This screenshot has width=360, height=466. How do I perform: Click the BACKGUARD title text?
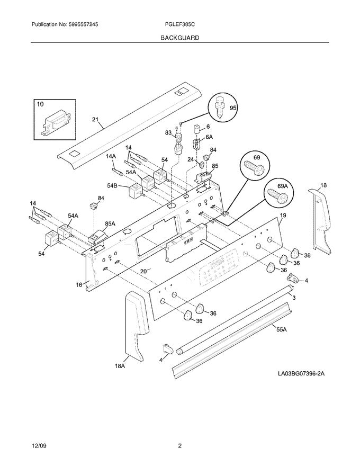click(180, 38)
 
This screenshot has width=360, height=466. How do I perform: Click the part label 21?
click(95, 120)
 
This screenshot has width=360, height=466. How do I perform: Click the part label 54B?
click(112, 185)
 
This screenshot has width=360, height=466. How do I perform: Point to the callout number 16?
click(79, 284)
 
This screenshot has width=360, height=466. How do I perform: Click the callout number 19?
click(283, 216)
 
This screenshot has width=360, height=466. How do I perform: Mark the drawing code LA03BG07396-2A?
click(301, 374)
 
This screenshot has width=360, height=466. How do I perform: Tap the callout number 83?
click(168, 132)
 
